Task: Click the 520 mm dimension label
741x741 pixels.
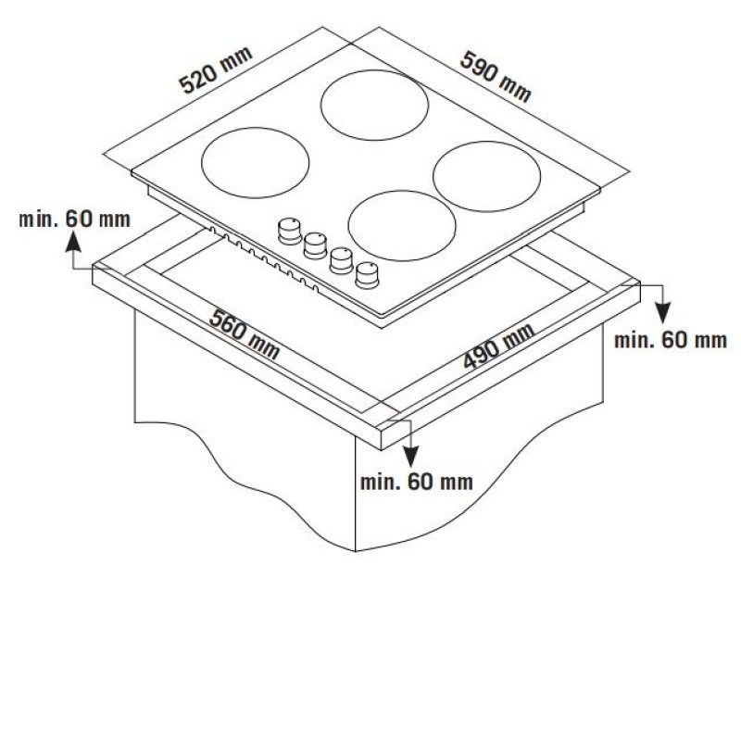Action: pyautogui.click(x=215, y=70)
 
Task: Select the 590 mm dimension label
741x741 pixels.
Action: pyautogui.click(x=496, y=77)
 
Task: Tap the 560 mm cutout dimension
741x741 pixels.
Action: pyautogui.click(x=245, y=334)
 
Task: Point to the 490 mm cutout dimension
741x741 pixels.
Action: pyautogui.click(x=498, y=345)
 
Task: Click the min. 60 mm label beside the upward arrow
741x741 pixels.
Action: pyautogui.click(x=74, y=220)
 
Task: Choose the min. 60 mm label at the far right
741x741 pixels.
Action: pyautogui.click(x=670, y=340)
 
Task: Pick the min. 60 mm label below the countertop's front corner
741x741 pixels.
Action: pyautogui.click(x=416, y=482)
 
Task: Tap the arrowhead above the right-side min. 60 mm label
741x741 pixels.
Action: pyautogui.click(x=663, y=314)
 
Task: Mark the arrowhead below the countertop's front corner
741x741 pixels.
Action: pyautogui.click(x=410, y=457)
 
